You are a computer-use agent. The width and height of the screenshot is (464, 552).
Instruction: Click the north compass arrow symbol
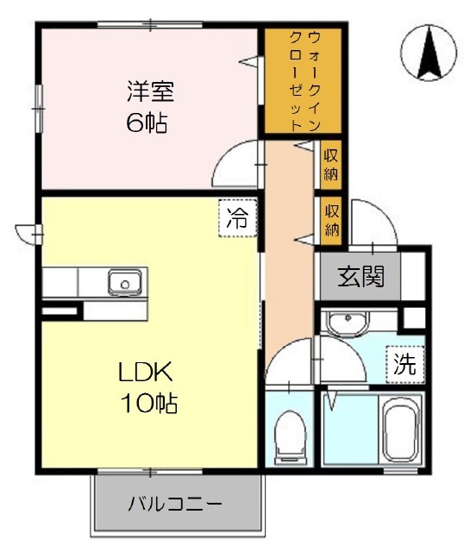tap(429, 53)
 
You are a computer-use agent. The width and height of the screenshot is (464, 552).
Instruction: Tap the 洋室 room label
tap(150, 91)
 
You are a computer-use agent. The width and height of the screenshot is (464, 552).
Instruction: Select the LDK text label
tap(146, 372)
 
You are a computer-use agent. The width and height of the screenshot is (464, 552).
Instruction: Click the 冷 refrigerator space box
tap(238, 218)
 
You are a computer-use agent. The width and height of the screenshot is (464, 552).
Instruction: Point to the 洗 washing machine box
tap(404, 364)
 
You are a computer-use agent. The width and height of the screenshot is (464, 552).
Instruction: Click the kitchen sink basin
tap(125, 283)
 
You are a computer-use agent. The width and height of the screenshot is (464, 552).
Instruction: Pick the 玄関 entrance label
tap(361, 277)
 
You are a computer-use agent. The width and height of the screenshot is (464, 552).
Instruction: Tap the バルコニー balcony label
tap(175, 504)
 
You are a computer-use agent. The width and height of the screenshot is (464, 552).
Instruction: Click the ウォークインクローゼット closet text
tap(304, 81)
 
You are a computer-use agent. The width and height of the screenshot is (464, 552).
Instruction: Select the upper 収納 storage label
tap(331, 165)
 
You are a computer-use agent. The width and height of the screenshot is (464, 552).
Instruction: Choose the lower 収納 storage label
tap(331, 221)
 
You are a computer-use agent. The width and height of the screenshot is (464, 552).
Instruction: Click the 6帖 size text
tap(147, 122)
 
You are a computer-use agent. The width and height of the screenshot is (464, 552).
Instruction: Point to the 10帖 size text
tap(149, 403)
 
